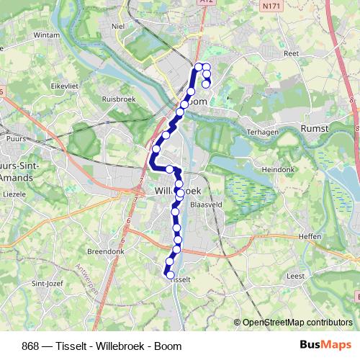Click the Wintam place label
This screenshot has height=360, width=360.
point(47,34)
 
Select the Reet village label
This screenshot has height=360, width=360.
point(291,53)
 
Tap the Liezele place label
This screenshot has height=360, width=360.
point(14,194)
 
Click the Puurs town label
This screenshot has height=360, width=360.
point(14,137)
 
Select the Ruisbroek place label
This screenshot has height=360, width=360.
point(119,99)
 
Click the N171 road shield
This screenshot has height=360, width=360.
point(271,6)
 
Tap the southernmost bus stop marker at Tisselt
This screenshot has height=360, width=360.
point(170,274)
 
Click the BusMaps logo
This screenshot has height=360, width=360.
point(325,345)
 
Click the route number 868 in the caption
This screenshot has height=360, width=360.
point(31,346)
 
